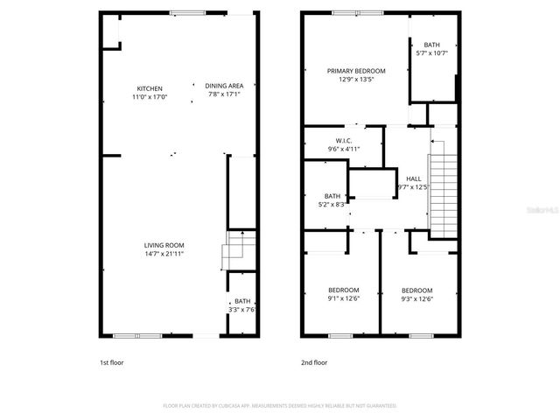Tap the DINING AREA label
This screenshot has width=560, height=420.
tap(224, 85)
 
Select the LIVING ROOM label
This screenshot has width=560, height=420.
tap(164, 245)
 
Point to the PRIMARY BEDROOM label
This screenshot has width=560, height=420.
tap(355, 70)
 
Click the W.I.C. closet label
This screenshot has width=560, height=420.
tap(344, 141)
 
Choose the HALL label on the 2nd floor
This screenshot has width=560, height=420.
tap(414, 178)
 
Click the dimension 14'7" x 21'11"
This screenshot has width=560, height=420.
tap(164, 254)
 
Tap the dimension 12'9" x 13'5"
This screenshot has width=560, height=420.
tap(355, 79)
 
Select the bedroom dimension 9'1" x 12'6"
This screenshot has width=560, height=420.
tap(344, 298)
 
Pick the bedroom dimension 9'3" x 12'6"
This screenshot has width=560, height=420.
tap(416, 298)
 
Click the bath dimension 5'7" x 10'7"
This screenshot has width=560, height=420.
tap(432, 53)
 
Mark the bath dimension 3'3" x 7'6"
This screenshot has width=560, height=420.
tap(241, 309)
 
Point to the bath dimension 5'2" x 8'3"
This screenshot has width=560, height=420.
tap(332, 204)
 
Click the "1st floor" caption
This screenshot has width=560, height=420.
tap(111, 361)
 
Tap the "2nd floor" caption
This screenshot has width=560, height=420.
tap(313, 361)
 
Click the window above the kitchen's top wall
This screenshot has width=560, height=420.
tap(188, 12)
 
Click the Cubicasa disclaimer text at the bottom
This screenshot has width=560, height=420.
tap(280, 406)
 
